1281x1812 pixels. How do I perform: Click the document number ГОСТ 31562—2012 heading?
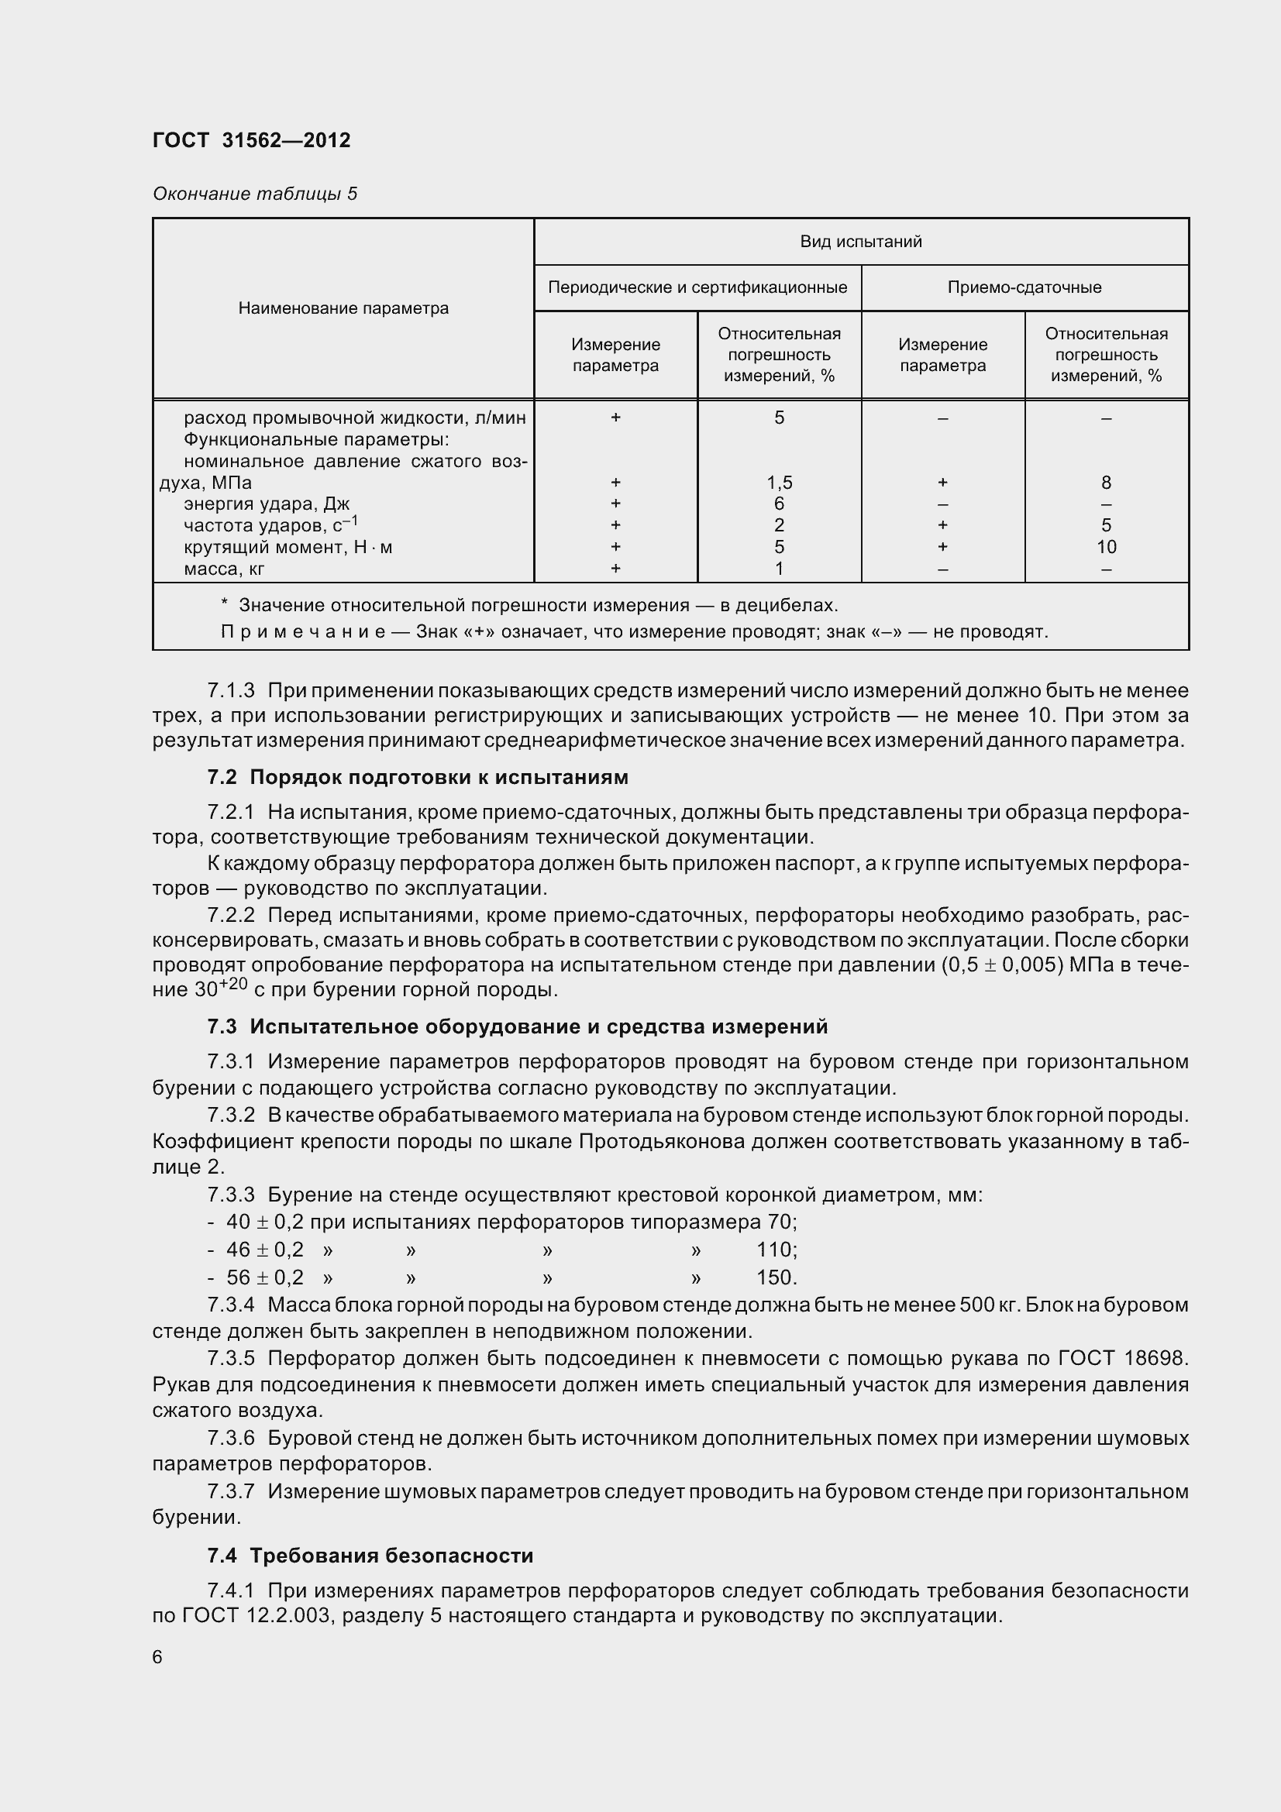[251, 140]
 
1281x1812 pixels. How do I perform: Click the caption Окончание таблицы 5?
[254, 194]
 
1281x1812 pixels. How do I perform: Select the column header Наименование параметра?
[343, 308]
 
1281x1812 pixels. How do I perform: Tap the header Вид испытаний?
[860, 242]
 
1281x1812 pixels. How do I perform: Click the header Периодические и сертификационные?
[697, 287]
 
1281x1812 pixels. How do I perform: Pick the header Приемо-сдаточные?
[1024, 287]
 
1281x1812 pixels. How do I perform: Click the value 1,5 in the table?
[779, 482]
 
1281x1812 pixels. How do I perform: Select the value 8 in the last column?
[1106, 482]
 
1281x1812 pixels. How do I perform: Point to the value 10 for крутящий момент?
[1106, 547]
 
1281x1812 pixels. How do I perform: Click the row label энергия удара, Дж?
[266, 504]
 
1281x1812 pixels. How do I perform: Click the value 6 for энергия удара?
[779, 504]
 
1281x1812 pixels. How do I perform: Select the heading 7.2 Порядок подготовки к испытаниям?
[418, 777]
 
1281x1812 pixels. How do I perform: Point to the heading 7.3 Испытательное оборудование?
[517, 1026]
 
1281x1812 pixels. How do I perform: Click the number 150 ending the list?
[776, 1277]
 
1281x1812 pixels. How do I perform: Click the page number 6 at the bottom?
[157, 1657]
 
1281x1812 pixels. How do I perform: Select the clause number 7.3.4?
[230, 1305]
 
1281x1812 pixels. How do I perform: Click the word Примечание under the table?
[302, 632]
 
